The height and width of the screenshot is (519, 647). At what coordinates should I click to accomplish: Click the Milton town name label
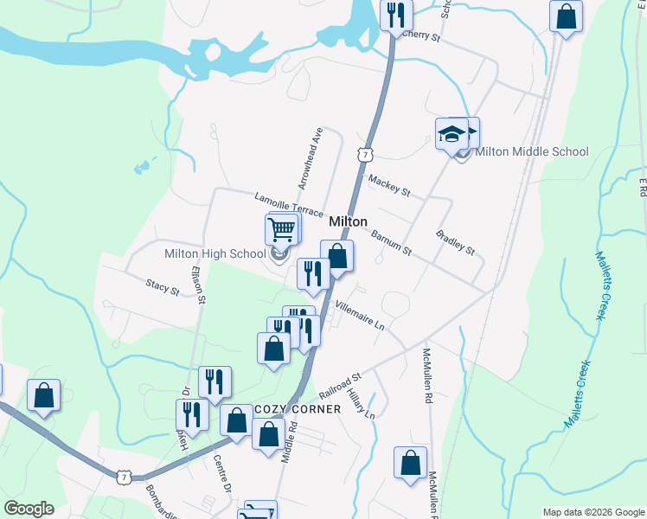point(348,221)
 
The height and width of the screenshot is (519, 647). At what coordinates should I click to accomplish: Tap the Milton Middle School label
point(532,151)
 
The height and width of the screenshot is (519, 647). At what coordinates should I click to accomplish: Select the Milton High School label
point(215,253)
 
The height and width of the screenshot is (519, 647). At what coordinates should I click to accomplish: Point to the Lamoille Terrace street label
point(288,206)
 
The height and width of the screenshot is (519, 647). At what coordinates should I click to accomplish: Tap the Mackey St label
point(388,184)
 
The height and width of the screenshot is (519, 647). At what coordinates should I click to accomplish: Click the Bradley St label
point(455,242)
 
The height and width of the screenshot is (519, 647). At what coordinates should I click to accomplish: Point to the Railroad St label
point(338,381)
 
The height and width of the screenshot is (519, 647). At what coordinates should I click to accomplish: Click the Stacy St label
point(162,286)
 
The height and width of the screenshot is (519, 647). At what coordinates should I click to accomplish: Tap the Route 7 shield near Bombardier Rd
point(125,477)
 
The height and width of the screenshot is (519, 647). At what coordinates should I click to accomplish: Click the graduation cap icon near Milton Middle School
point(451,133)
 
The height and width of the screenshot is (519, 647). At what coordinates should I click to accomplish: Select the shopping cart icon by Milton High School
point(281,230)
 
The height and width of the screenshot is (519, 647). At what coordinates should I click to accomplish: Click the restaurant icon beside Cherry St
point(396,15)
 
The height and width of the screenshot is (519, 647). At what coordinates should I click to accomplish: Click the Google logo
point(29,509)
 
